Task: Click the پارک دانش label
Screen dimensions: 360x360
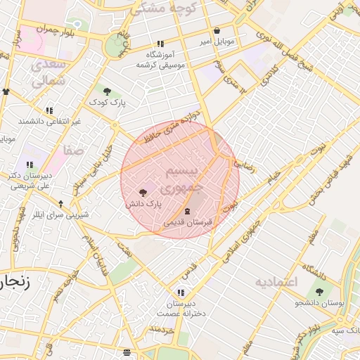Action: point(143,204)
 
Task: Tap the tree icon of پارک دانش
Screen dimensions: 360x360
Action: point(143,192)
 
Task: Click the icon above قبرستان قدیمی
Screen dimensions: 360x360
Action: point(187,211)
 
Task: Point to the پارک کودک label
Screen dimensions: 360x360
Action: point(107,103)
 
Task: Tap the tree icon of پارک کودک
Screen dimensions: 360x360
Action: point(107,91)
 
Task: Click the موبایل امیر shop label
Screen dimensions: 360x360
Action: point(215,42)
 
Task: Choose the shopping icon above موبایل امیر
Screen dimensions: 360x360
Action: point(216,31)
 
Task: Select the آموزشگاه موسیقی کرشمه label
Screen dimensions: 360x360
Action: point(160,60)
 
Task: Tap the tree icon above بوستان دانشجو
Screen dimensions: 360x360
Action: point(319,292)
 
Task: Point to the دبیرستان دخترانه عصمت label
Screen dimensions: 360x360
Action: point(181,309)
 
